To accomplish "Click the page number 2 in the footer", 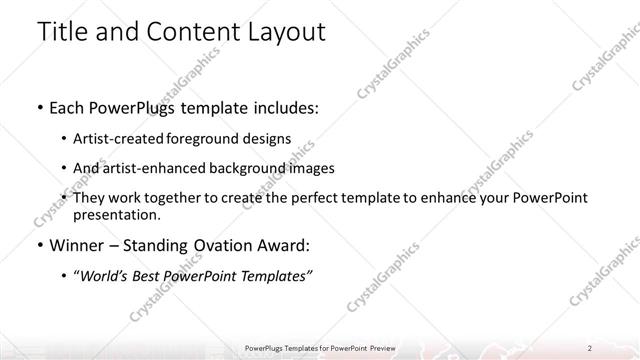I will [590, 347].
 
